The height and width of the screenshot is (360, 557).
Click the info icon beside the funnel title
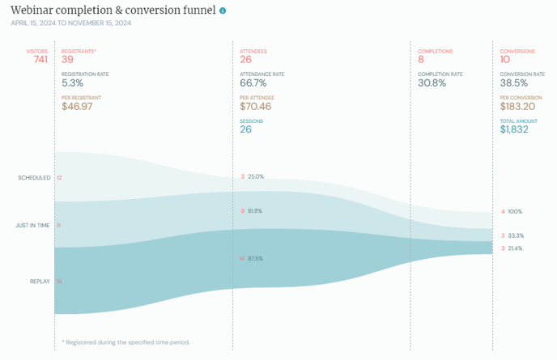223,11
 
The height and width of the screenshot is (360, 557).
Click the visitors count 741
40,59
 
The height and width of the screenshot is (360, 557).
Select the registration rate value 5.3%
73,83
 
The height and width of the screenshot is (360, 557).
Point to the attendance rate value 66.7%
253,83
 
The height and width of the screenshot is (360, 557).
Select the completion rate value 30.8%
432,83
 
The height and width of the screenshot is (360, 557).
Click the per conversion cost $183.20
519,106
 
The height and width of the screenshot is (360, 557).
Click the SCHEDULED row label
34,177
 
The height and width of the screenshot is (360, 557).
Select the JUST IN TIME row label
33,225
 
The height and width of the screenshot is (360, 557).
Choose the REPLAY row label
40,282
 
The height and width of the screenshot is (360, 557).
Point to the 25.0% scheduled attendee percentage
256,176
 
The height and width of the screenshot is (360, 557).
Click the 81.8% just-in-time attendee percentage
255,210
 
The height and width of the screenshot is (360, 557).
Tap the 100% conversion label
515,212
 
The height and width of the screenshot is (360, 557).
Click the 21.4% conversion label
515,248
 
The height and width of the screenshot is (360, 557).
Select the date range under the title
70,23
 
